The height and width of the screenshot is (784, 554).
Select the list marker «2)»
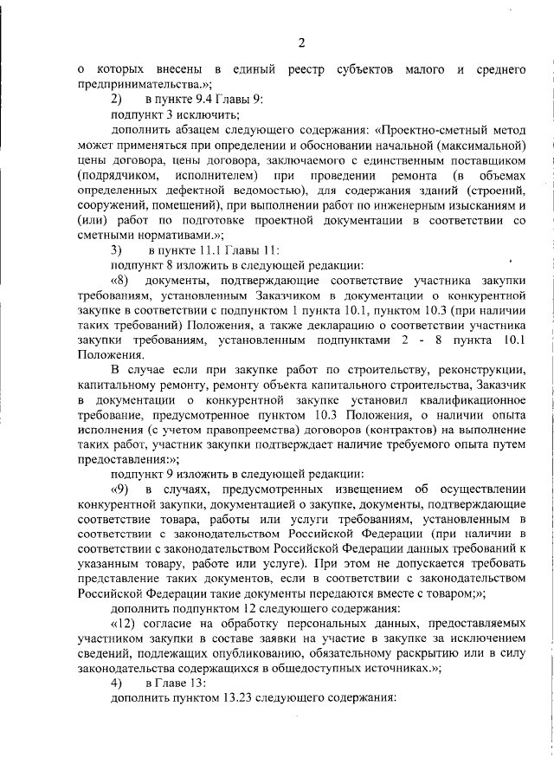click(117, 99)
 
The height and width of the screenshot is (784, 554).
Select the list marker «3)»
click(117, 249)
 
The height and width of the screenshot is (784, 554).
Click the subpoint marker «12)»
click(126, 624)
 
